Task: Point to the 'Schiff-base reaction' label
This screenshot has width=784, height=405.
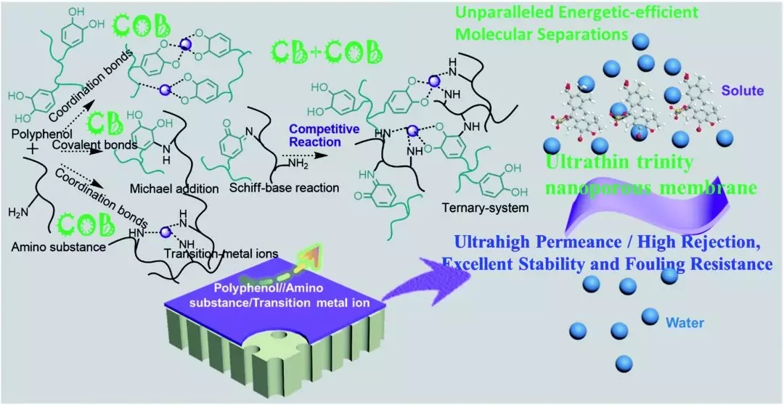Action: coord(293,188)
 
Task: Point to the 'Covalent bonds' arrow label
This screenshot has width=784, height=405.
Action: coord(88,147)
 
